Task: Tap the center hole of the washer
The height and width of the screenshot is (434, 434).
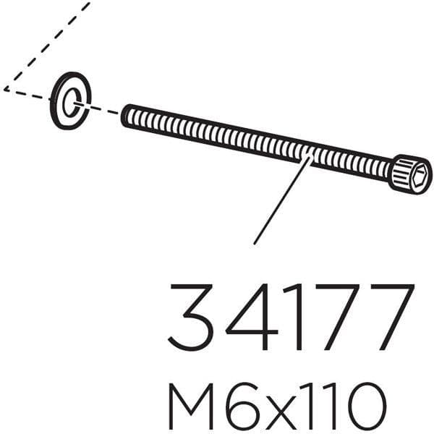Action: [70, 101]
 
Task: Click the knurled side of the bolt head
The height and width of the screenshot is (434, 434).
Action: [400, 172]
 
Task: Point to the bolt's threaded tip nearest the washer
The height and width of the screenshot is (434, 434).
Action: [127, 114]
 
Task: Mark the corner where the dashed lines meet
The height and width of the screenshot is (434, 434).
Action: [5, 89]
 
